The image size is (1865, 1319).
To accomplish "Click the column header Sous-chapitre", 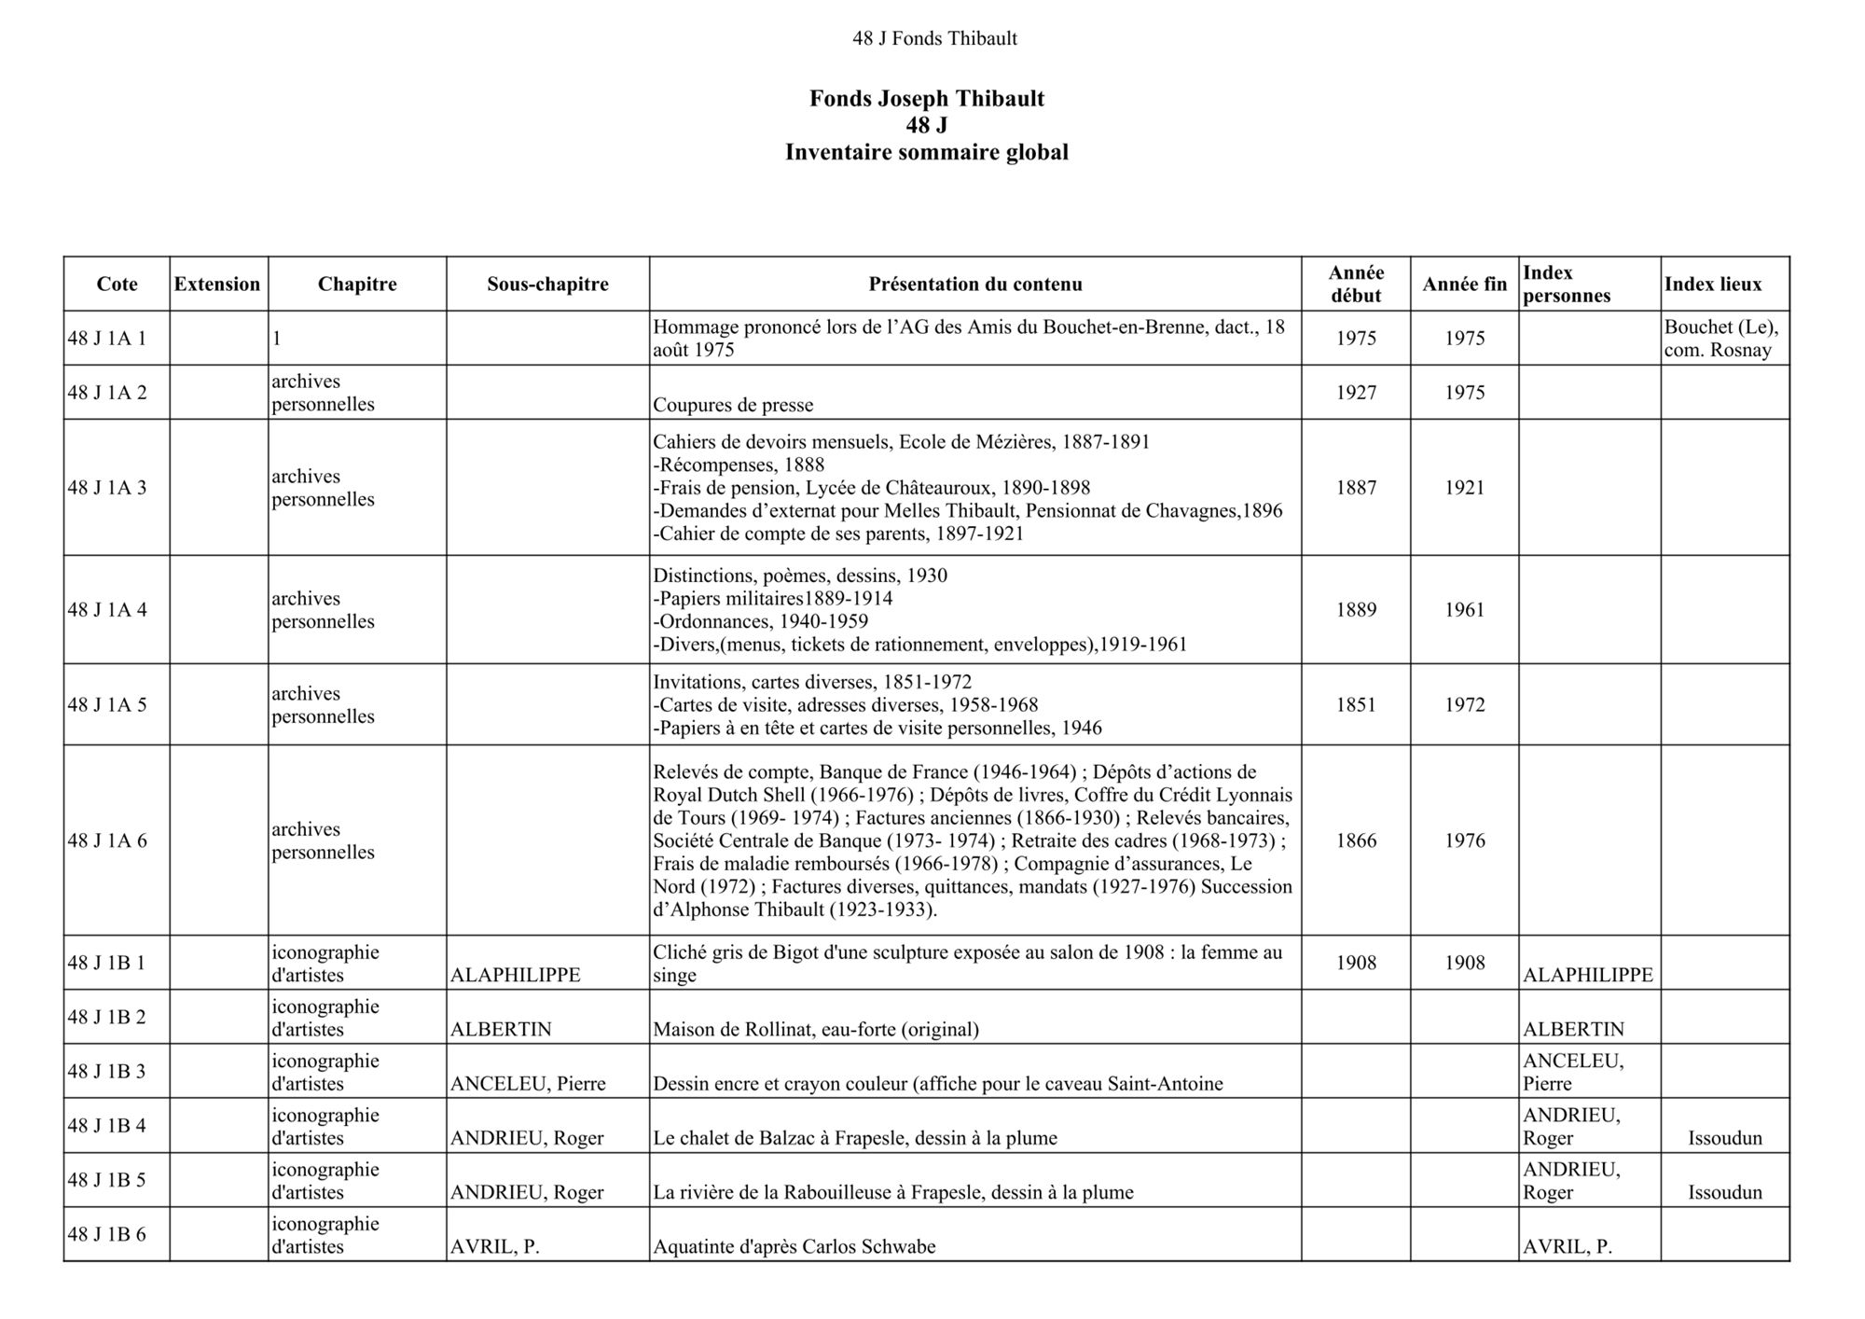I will pyautogui.click(x=547, y=285).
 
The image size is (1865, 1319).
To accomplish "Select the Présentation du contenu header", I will pyautogui.click(x=975, y=285).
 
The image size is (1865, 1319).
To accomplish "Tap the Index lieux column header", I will pyautogui.click(x=1713, y=285).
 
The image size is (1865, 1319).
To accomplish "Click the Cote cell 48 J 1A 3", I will pyautogui.click(x=107, y=488).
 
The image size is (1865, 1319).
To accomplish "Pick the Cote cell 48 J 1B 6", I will pyautogui.click(x=107, y=1234).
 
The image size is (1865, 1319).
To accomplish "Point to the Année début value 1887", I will pyautogui.click(x=1356, y=488).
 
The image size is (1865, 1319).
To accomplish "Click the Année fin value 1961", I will pyautogui.click(x=1464, y=610).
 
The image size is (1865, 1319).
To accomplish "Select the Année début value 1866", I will pyautogui.click(x=1356, y=840).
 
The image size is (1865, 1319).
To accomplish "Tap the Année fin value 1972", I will pyautogui.click(x=1464, y=705).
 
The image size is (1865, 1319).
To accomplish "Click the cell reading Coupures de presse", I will pyautogui.click(x=733, y=405).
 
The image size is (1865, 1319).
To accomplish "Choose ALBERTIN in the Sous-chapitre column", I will pyautogui.click(x=501, y=1030).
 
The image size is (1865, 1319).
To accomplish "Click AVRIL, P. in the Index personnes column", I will pyautogui.click(x=1568, y=1247).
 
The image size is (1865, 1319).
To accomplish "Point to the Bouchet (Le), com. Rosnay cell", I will pyautogui.click(x=1721, y=340).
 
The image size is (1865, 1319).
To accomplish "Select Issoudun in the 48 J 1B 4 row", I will pyautogui.click(x=1725, y=1138).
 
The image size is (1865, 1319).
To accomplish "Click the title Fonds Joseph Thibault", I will pyautogui.click(x=927, y=99).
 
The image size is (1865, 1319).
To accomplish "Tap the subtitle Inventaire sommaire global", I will pyautogui.click(x=927, y=152).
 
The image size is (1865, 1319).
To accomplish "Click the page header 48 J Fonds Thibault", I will pyautogui.click(x=934, y=38).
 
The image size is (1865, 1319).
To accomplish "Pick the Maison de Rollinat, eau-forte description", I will pyautogui.click(x=816, y=1030).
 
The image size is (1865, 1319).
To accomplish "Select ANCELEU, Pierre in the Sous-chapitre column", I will pyautogui.click(x=528, y=1084).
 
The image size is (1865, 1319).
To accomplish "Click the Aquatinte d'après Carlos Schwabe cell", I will pyautogui.click(x=794, y=1247).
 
